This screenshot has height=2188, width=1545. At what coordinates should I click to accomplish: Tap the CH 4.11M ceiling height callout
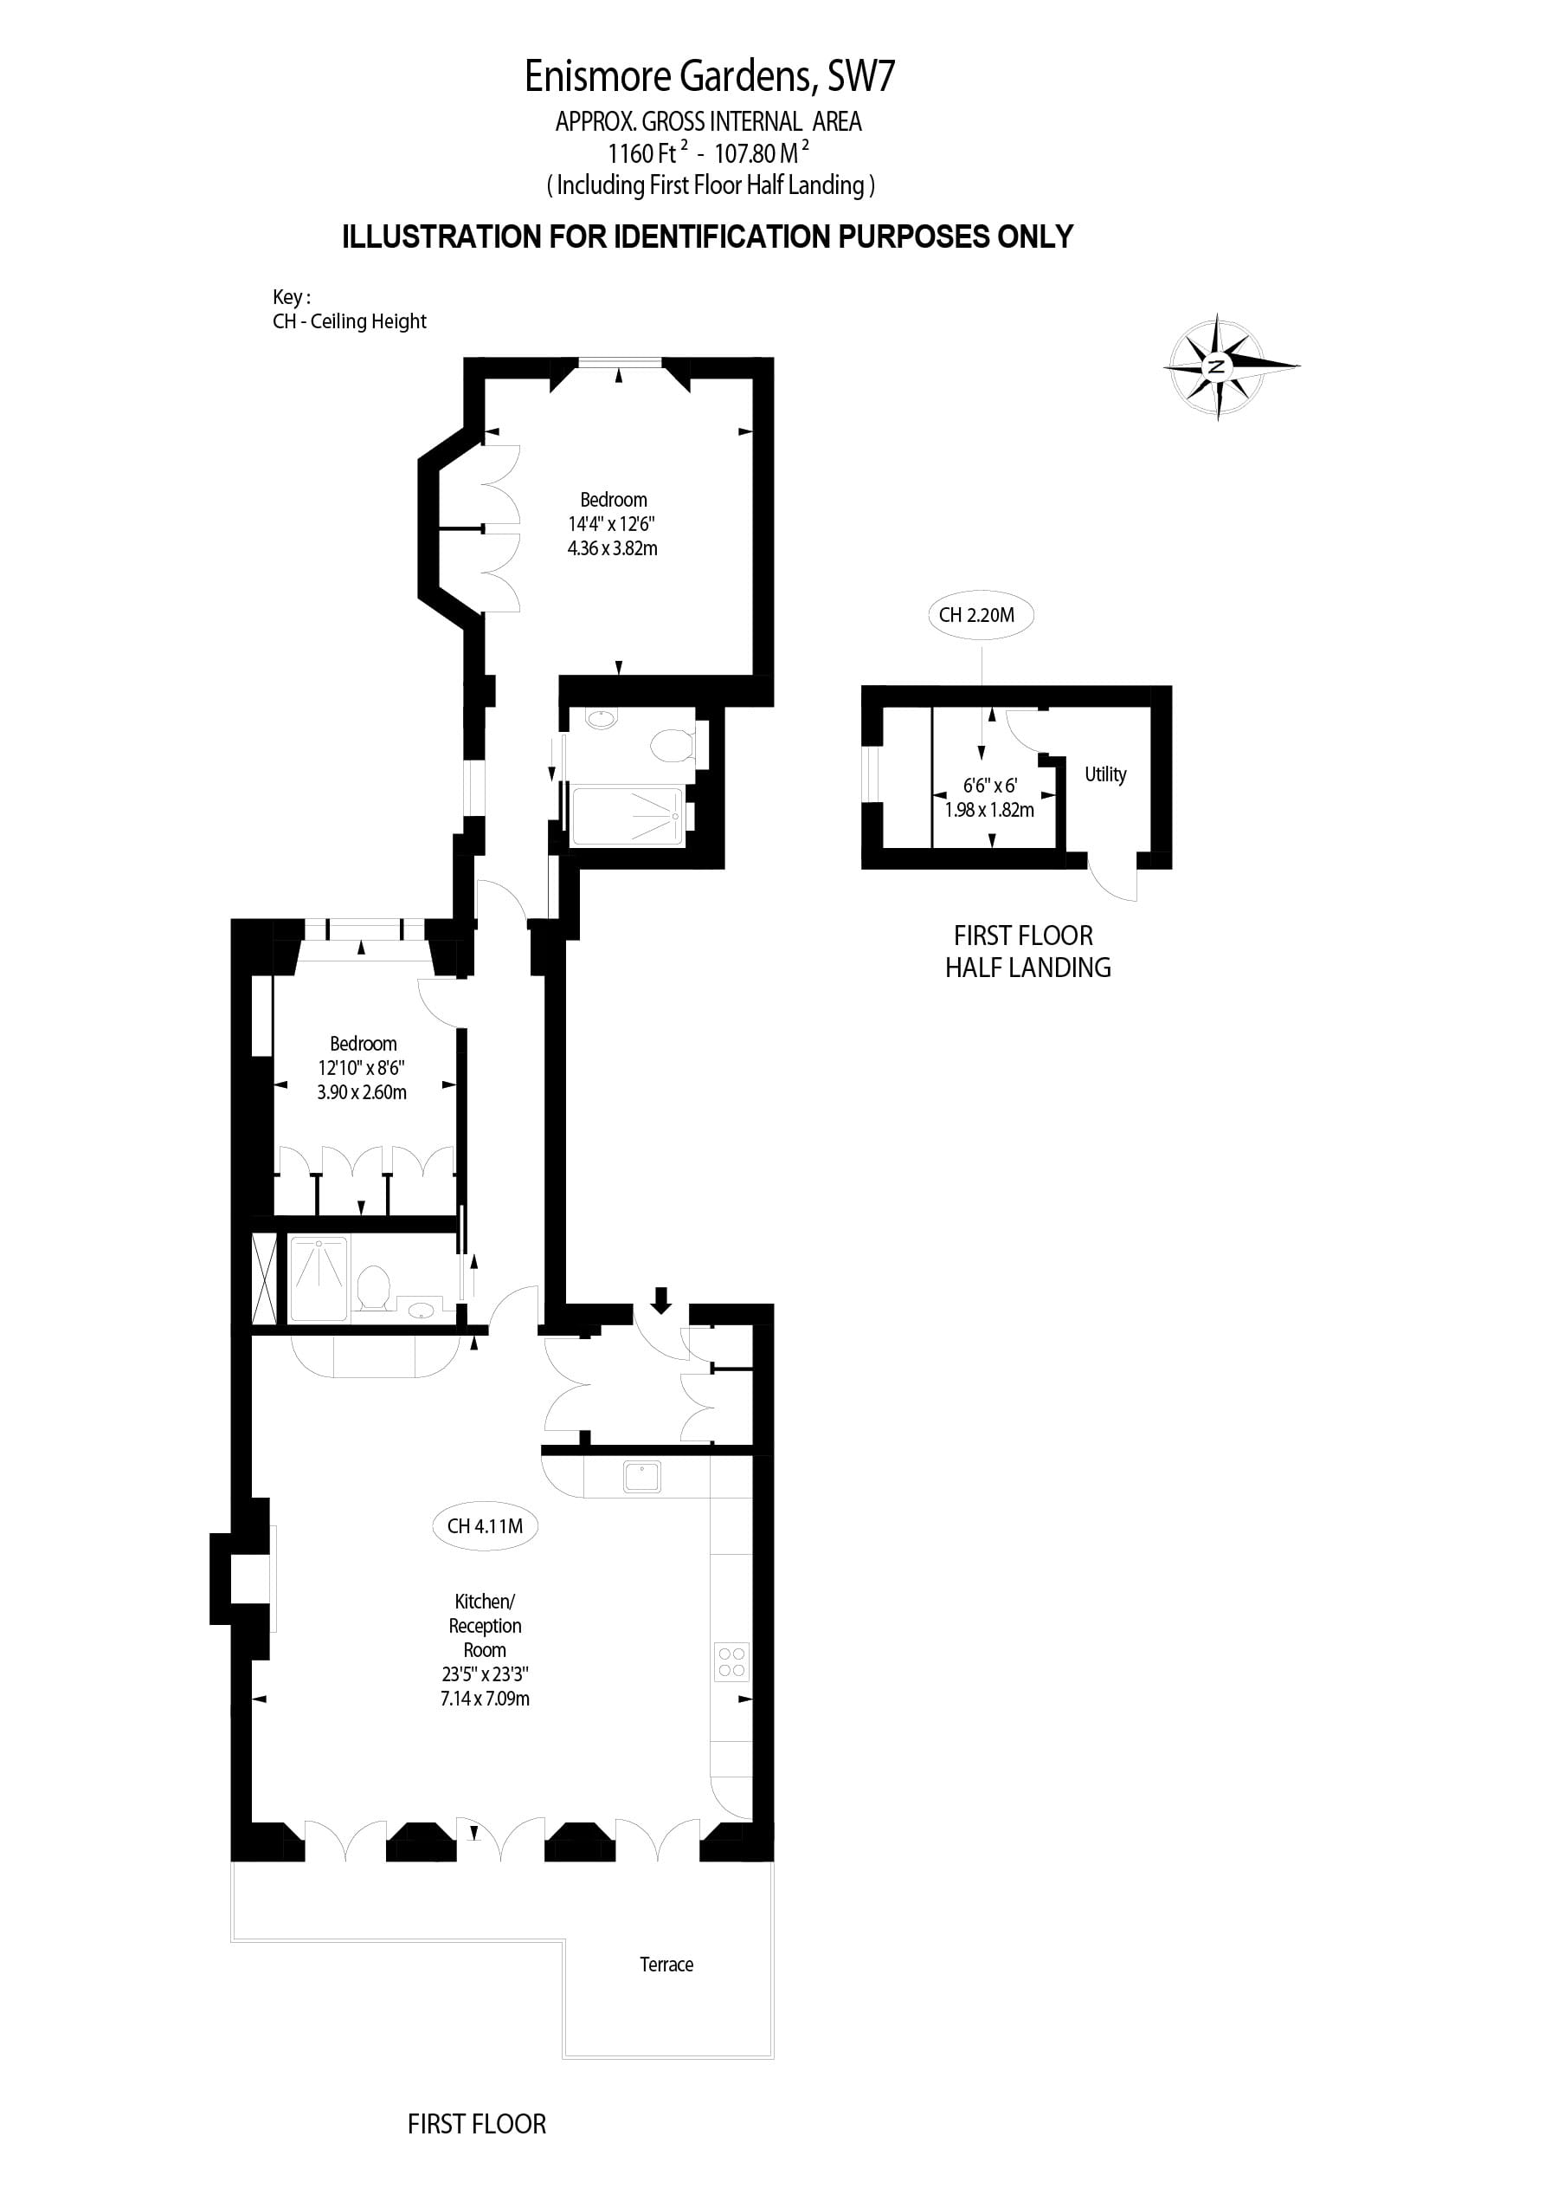pos(485,1525)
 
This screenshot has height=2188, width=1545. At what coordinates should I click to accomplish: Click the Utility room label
pos(1105,774)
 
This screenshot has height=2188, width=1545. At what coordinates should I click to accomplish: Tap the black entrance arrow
pos(661,1300)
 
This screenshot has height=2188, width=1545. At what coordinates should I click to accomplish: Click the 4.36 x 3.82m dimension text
pos(613,548)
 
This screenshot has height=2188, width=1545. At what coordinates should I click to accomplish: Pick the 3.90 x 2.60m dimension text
pos(362,1092)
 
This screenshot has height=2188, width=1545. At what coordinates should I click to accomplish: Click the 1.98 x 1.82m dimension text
pos(989,810)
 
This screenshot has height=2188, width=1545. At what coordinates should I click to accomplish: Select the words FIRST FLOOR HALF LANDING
pos(1027,951)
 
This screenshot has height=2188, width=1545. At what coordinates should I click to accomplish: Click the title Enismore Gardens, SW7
pos(710,76)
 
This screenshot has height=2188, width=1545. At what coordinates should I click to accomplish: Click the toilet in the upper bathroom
pos(674,744)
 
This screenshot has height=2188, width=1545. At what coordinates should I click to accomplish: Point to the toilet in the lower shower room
pos(373,1287)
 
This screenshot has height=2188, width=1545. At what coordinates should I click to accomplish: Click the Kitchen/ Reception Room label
pos(485,1626)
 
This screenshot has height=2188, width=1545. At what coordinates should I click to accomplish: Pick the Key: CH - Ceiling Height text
pos(350,310)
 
